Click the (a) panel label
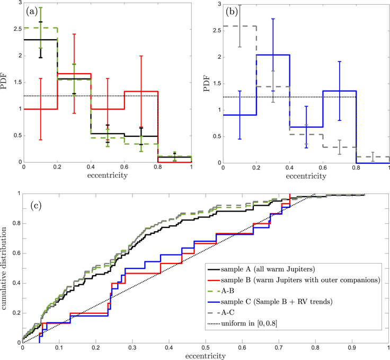pyautogui.click(x=32, y=12)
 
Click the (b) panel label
pyautogui.click(x=232, y=12)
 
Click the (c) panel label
pyautogui.click(x=36, y=206)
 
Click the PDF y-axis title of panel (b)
pyautogui.click(x=207, y=84)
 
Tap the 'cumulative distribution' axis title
pyautogui.click(x=4, y=268)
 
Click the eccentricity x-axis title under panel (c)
pyautogui.click(x=206, y=356)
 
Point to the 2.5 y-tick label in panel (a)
pyautogui.click(x=18, y=29)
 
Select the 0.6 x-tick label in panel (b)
pyautogui.click(x=323, y=168)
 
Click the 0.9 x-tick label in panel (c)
pyautogui.click(x=352, y=348)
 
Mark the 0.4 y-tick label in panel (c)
pyautogui.click(x=17, y=283)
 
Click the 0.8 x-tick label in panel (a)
pyautogui.click(x=158, y=167)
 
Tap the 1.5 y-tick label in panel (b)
pyautogui.click(x=218, y=84)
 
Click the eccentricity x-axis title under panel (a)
pyautogui.click(x=108, y=175)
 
